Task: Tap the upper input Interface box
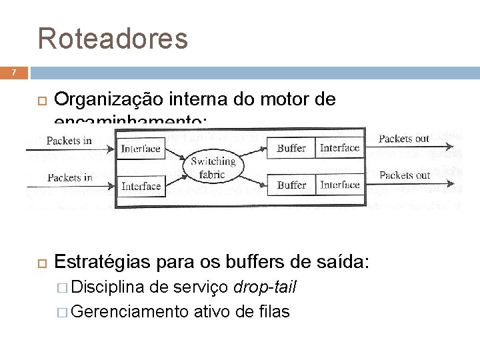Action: pyautogui.click(x=141, y=149)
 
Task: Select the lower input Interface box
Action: pyautogui.click(x=141, y=186)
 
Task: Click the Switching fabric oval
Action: pyautogui.click(x=213, y=167)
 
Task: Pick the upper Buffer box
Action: pyautogui.click(x=291, y=148)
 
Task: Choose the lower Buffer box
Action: pyautogui.click(x=291, y=185)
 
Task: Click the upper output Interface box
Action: pyautogui.click(x=339, y=148)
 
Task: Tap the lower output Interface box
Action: pyautogui.click(x=339, y=185)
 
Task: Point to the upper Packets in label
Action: pyautogui.click(x=69, y=141)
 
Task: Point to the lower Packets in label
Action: pyautogui.click(x=69, y=177)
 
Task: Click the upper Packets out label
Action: pyautogui.click(x=404, y=139)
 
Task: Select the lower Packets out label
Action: pyautogui.click(x=404, y=175)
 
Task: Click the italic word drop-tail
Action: pyautogui.click(x=265, y=287)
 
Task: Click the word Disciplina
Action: pyautogui.click(x=108, y=287)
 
